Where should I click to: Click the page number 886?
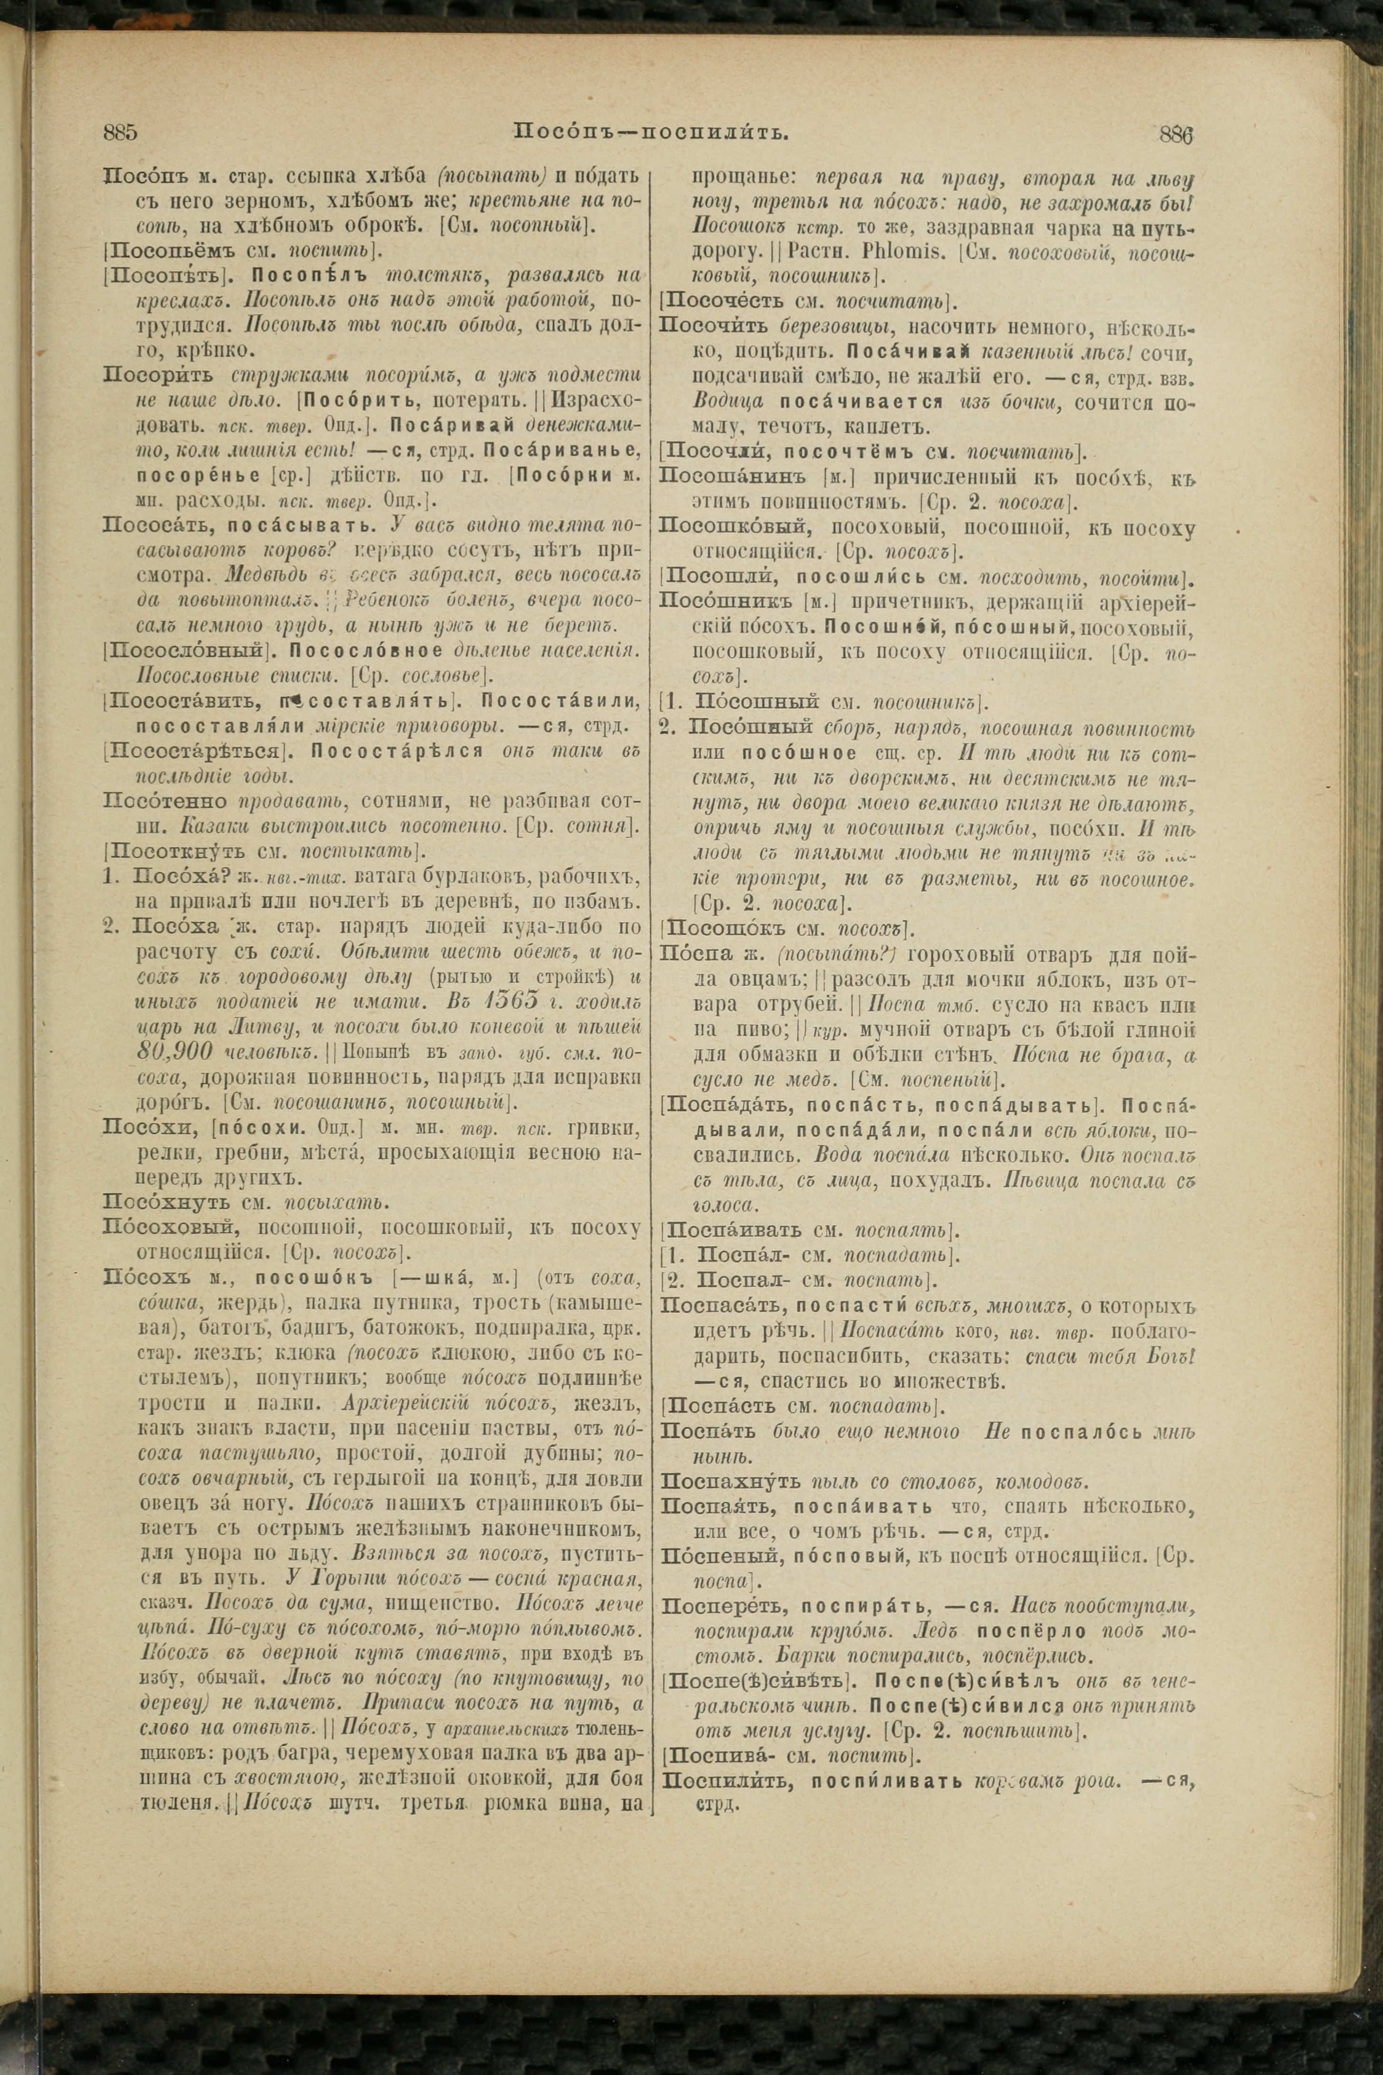[1176, 134]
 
